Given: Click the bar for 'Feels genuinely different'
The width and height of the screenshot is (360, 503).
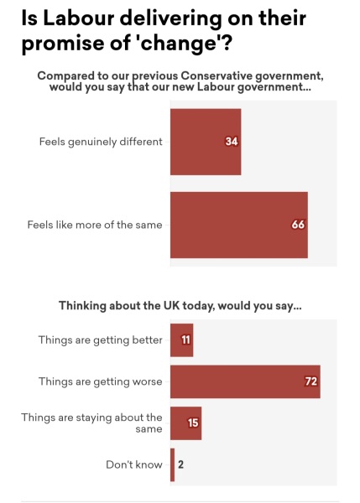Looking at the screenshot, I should point(206,142).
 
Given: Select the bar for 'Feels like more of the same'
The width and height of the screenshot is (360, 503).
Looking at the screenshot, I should point(238,225).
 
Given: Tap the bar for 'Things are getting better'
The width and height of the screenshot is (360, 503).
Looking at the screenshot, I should point(181,340).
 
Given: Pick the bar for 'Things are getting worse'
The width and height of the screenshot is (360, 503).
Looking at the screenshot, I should point(244,381).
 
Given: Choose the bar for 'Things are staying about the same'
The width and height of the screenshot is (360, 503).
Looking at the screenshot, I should point(185,423).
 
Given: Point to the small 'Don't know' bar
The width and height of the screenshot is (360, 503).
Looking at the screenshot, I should point(172,464).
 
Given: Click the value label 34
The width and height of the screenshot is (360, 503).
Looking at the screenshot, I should point(232,142).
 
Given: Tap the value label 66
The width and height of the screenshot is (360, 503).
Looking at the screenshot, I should point(298,225).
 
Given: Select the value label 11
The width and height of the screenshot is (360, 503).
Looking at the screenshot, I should point(185,340).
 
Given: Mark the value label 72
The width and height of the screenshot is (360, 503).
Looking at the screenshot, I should point(310,381).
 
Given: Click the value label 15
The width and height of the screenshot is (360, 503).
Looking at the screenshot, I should point(193,423).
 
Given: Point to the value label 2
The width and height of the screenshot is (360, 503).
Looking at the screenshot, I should point(180,464).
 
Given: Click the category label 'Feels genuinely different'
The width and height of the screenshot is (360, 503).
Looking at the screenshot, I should point(100,142).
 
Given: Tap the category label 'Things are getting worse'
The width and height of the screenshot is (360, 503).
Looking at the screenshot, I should point(100,381).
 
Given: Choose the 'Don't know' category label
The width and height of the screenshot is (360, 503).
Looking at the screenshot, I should point(133,464).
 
